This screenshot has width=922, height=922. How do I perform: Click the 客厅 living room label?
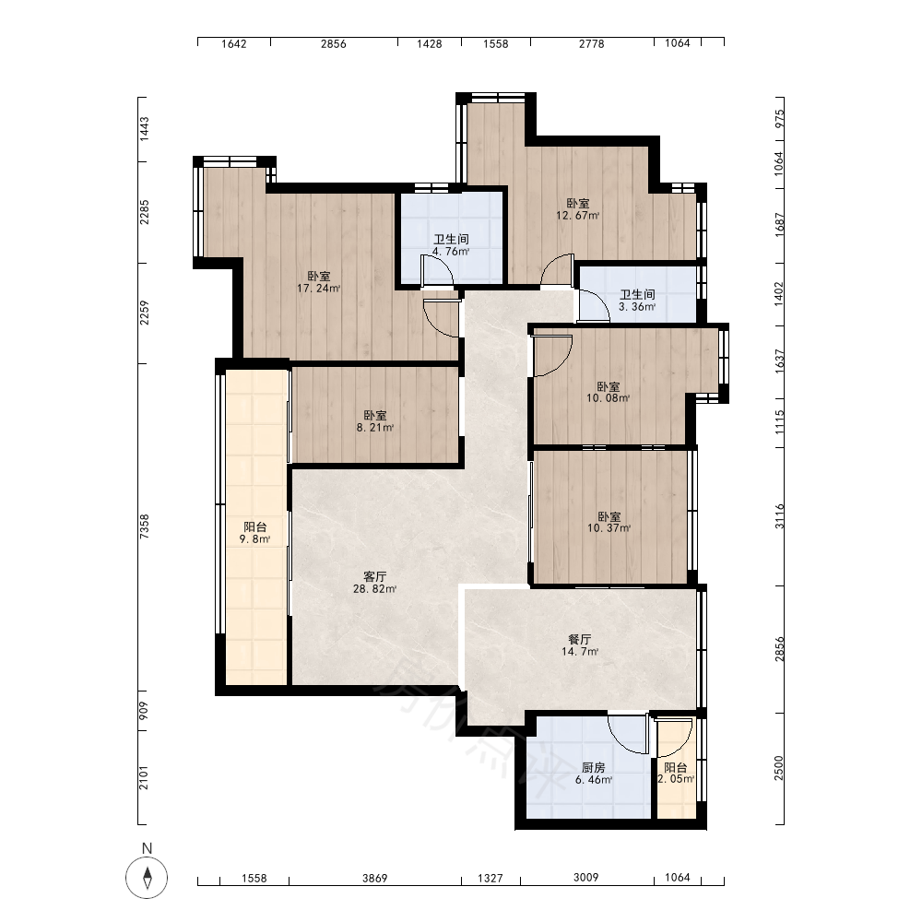coord(374,576)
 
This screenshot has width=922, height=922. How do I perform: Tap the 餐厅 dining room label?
coord(580,639)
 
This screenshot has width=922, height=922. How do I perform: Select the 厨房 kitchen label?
coord(593,767)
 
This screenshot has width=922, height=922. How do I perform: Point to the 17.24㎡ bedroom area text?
coord(319,288)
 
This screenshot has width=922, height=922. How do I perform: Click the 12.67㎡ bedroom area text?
coord(578,215)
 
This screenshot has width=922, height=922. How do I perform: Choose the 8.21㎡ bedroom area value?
coord(374,428)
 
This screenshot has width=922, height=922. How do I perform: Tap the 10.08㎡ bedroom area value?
coord(608,398)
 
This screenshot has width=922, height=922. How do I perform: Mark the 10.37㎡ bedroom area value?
coord(609,528)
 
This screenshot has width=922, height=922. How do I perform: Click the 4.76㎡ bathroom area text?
coord(451,252)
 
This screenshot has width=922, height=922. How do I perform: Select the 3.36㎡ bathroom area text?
coord(637,306)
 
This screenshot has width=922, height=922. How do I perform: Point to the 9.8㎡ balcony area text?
coord(254,539)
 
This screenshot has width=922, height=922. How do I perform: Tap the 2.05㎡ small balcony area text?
coord(676,779)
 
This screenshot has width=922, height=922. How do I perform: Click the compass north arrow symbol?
coord(147,878)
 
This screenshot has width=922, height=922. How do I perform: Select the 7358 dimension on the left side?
coord(144,526)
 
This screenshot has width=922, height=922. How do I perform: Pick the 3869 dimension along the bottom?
coord(374,878)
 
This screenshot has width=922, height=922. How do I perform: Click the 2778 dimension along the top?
coord(592,43)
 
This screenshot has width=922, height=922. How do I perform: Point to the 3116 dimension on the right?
coord(779,516)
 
